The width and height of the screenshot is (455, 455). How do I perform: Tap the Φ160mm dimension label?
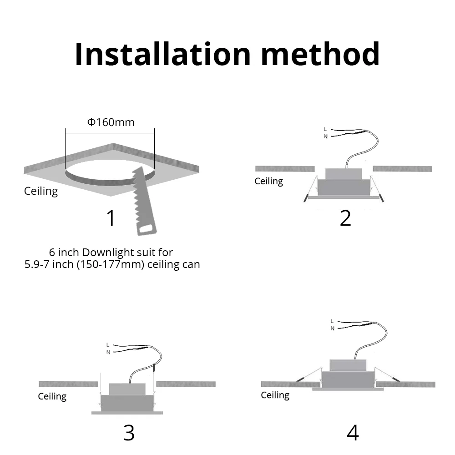coord(111,122)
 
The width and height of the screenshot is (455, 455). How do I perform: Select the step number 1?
coord(111,218)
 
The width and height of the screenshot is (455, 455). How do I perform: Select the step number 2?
coord(345,218)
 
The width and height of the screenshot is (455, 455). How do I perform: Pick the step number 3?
coord(129,433)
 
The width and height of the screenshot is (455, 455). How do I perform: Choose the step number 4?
coord(353,433)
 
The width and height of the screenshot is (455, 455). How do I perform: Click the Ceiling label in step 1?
coord(41,191)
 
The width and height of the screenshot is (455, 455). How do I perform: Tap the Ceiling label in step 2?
coord(268,181)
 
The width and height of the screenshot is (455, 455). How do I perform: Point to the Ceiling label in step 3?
coord(52,396)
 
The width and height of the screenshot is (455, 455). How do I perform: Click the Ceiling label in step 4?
coord(275,395)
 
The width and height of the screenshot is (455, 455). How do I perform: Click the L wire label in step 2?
coord(325,129)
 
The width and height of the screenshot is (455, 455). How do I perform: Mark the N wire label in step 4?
coord(332,328)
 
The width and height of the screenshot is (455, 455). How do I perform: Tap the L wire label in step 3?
coord(107,344)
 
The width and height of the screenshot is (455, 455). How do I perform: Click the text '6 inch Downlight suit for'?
coord(111,252)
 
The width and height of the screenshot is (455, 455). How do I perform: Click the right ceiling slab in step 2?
coord(402,169)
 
